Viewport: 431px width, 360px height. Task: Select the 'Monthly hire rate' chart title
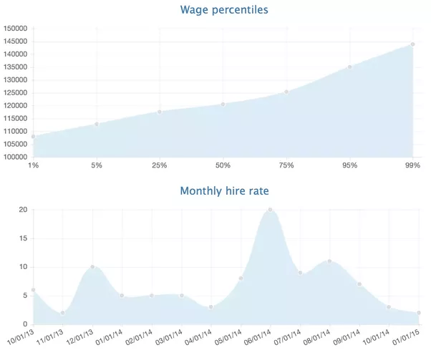click(x=224, y=191)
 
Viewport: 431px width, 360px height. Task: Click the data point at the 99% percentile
click(x=413, y=44)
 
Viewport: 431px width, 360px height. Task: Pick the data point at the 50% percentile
click(x=223, y=104)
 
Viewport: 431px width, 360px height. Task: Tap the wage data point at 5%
click(x=97, y=124)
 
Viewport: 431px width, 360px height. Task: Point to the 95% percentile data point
click(x=350, y=67)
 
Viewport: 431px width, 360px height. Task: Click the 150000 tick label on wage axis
click(x=16, y=29)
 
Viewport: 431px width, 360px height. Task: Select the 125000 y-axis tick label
click(x=16, y=93)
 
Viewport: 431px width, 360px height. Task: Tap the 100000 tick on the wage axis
click(x=16, y=157)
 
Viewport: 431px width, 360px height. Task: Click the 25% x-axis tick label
click(x=160, y=166)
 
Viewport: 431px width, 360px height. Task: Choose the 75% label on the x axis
click(x=286, y=166)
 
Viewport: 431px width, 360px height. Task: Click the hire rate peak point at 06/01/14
click(x=270, y=210)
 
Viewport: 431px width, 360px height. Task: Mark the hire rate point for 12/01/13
click(x=92, y=267)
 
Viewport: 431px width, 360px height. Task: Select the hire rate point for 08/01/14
click(x=329, y=261)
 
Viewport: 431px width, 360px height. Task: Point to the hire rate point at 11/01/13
click(x=63, y=313)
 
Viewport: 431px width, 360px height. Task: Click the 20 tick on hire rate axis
click(x=23, y=210)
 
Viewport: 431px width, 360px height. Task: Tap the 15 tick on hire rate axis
click(x=23, y=238)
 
